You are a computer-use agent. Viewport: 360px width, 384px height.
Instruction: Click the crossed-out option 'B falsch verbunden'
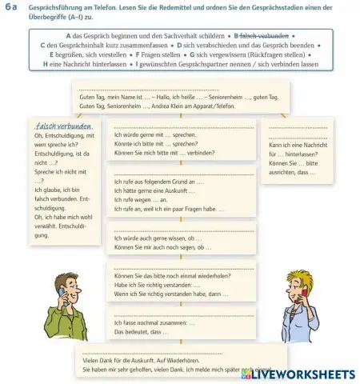pyautogui.click(x=259, y=36)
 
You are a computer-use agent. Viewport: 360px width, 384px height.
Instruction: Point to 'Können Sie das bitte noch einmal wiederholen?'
pyautogui.click(x=171, y=276)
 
